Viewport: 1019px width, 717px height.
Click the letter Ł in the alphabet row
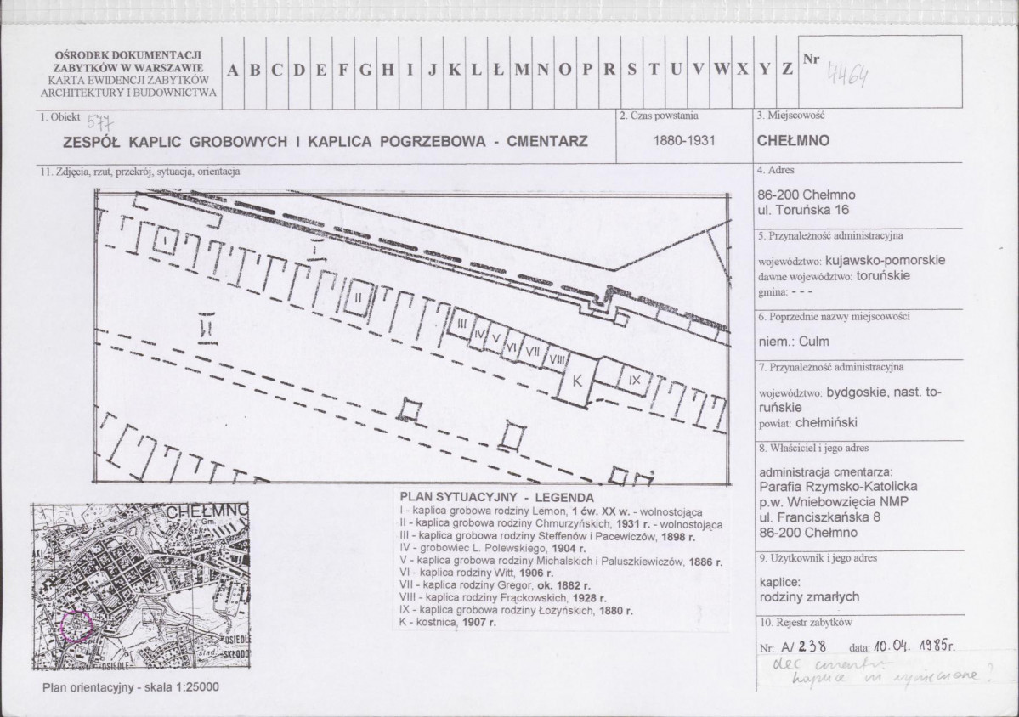tap(499, 71)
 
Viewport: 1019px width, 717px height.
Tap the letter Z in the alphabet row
tap(788, 71)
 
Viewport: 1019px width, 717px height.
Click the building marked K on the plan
tap(577, 381)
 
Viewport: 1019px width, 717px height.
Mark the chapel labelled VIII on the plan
tap(558, 359)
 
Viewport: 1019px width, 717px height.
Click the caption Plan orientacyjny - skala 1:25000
tap(130, 687)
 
